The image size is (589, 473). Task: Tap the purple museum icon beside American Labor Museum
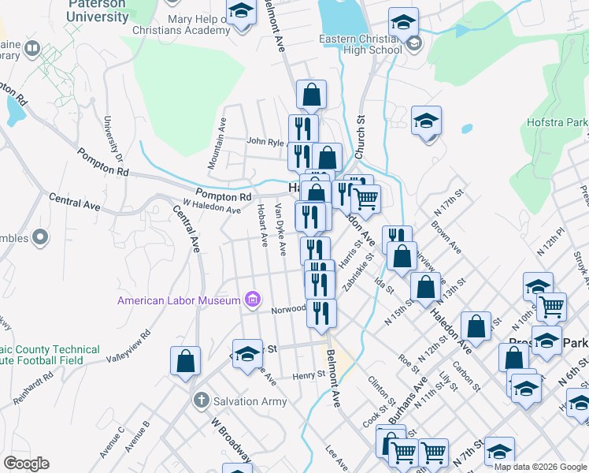252,300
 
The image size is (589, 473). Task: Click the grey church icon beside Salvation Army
201,401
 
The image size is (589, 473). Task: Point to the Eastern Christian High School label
361,44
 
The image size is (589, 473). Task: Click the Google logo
26,464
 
